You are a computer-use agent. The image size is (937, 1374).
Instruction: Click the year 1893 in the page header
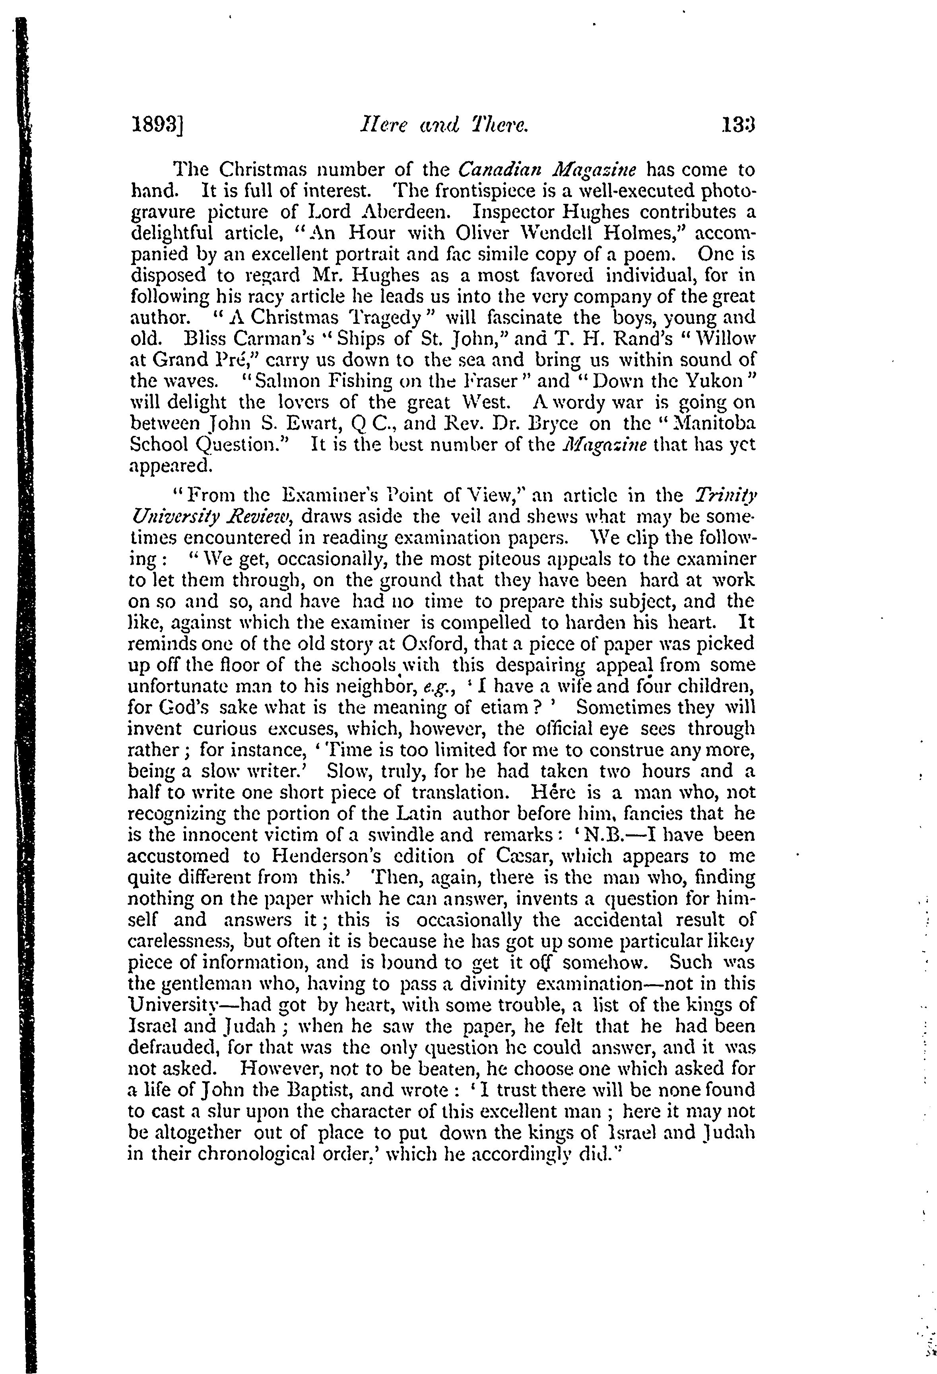155,126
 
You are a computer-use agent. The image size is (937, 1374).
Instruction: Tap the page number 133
739,126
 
